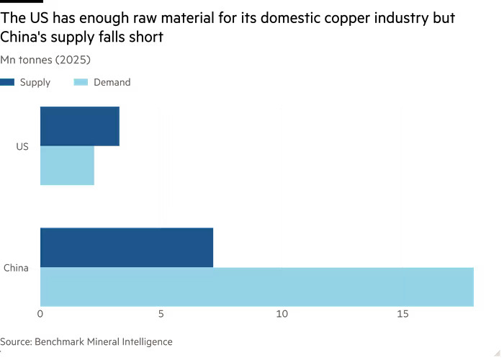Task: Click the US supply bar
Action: tap(79, 126)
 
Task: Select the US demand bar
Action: tap(67, 166)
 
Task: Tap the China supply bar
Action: tap(126, 247)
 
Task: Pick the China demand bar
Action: tap(256, 287)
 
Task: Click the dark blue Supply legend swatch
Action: tap(7, 82)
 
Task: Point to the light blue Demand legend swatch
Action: tap(81, 82)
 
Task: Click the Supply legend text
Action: tap(35, 82)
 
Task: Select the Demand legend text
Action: tap(112, 82)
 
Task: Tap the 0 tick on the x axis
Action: tap(40, 315)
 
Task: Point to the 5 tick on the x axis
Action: tap(161, 315)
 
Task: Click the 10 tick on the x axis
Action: tap(282, 315)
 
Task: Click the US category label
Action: tap(22, 146)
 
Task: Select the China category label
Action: tap(16, 268)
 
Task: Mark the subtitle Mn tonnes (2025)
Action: tap(45, 60)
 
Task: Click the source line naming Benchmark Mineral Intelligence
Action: tap(86, 341)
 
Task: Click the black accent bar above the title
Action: tap(21, 2)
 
